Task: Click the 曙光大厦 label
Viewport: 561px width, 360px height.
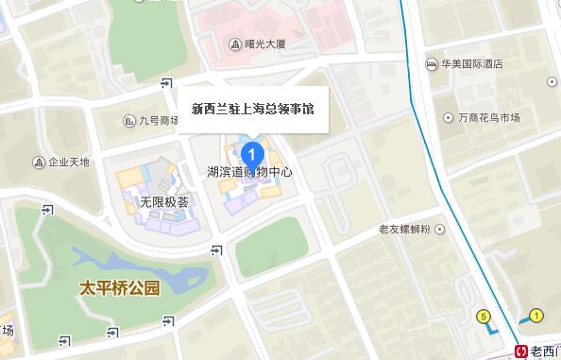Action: pyautogui.click(x=264, y=43)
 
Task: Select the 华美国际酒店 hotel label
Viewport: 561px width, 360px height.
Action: pyautogui.click(x=471, y=64)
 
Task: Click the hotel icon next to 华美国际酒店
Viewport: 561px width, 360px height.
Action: pyautogui.click(x=431, y=64)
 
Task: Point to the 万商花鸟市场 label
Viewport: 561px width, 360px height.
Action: pyautogui.click(x=489, y=117)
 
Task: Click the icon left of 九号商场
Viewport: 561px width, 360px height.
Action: pyautogui.click(x=130, y=120)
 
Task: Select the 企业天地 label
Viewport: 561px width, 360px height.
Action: pyautogui.click(x=69, y=162)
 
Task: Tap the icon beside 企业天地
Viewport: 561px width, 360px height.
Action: pyautogui.click(x=40, y=162)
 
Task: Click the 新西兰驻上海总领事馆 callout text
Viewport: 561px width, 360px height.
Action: pyautogui.click(x=252, y=109)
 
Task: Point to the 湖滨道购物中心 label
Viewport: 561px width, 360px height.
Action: pyautogui.click(x=249, y=172)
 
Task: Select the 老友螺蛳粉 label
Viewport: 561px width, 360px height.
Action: pyautogui.click(x=404, y=229)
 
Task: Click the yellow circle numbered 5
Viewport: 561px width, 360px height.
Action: pyautogui.click(x=484, y=316)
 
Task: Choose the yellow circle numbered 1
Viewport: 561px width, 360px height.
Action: pyautogui.click(x=536, y=314)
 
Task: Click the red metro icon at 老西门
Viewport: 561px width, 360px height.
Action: pyautogui.click(x=520, y=351)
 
